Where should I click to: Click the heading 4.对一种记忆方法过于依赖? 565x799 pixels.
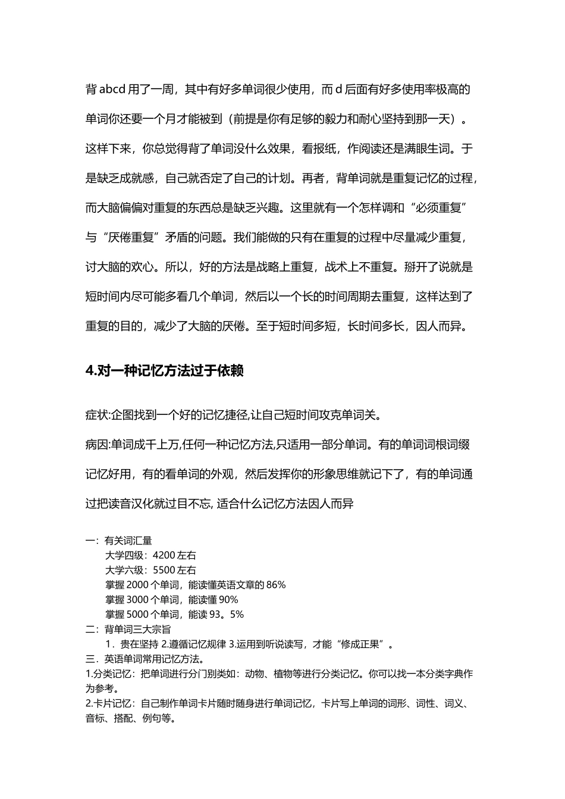[x=165, y=370]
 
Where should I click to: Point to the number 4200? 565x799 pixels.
[x=164, y=555]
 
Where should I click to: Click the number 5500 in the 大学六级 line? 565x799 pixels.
[x=164, y=570]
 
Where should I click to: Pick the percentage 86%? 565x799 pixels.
[x=276, y=585]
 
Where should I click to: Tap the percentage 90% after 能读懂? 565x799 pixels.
[x=228, y=600]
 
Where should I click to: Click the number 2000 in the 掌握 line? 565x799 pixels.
[x=137, y=585]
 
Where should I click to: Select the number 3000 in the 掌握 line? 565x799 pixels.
[x=137, y=600]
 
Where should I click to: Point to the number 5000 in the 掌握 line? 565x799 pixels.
[x=137, y=615]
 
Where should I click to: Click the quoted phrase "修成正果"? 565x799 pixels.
[x=363, y=644]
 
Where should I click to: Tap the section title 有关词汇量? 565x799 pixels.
[x=128, y=540]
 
